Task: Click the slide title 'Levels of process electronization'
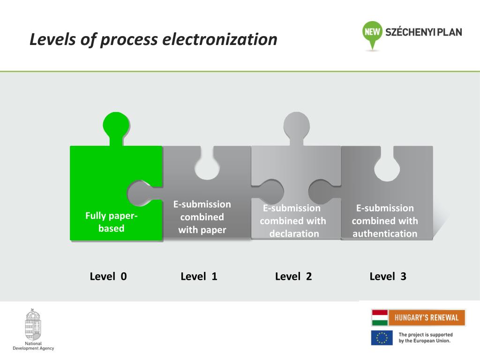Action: coord(153,39)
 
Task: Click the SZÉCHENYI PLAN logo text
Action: coord(423,32)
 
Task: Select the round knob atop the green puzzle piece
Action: coord(116,124)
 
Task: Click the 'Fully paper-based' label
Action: coord(112,222)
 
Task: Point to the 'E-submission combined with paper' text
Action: coord(202,217)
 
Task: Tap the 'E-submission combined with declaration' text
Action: coord(293,221)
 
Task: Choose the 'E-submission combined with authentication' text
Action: coord(385,221)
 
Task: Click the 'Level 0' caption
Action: coord(108,277)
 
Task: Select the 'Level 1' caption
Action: coord(199,277)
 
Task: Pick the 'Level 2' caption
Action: coord(293,277)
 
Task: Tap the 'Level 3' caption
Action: coord(388,277)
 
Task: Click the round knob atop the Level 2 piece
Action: coord(297,124)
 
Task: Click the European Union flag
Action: coord(382,337)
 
